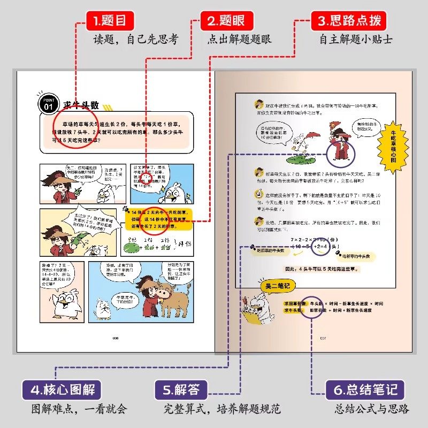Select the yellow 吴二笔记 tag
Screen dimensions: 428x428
point(274,287)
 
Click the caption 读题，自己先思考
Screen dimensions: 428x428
point(135,40)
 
